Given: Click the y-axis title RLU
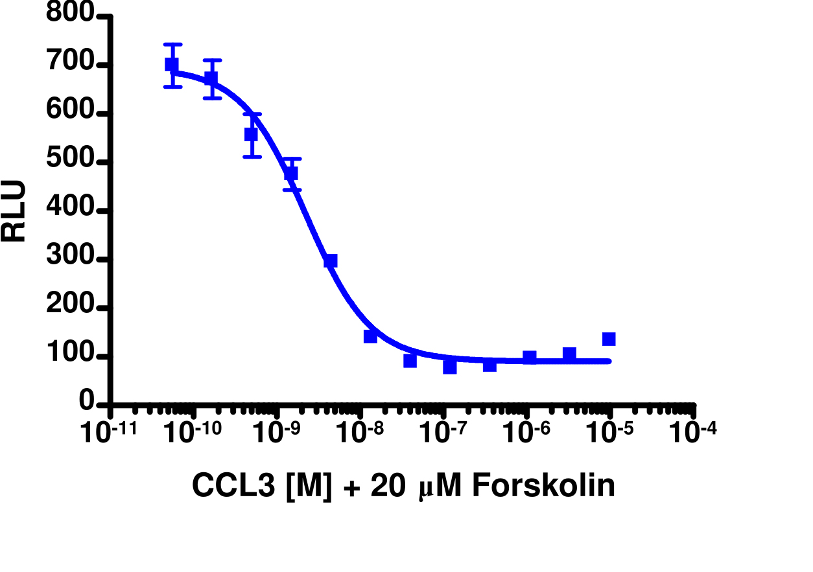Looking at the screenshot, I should point(14,211).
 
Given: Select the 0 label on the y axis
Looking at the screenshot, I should point(88,403).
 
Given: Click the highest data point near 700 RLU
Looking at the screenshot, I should point(172,64).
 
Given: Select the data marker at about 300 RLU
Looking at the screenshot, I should point(331,260).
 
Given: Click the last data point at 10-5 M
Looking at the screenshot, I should point(609,339).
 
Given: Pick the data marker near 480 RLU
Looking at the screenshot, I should point(291,174).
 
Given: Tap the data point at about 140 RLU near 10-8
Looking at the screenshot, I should point(371,336).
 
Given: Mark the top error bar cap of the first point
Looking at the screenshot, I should point(172,45).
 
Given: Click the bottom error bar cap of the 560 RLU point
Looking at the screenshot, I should point(252,157).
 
